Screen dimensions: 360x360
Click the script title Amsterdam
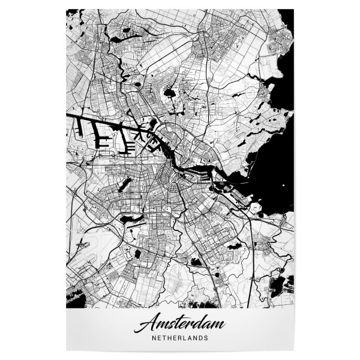179,325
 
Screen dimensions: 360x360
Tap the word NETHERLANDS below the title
179,338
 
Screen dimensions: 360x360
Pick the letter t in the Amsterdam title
173,325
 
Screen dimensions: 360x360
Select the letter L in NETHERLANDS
182,338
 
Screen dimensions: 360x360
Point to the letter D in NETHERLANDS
201,338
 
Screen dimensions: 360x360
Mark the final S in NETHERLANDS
207,338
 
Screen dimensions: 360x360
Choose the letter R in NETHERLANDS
176,338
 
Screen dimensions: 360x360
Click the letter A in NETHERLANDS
188,338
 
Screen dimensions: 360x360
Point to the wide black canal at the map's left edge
75,115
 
